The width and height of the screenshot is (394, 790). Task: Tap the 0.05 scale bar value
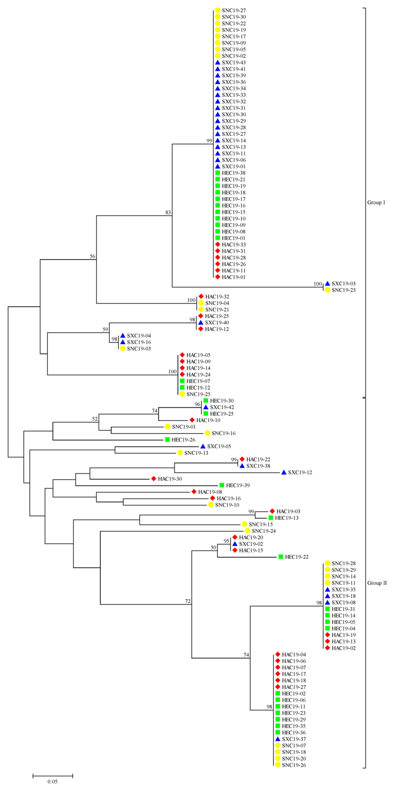click(x=52, y=781)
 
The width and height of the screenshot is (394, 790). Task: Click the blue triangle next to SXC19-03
click(x=327, y=283)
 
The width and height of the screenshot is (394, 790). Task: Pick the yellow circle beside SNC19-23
click(x=327, y=290)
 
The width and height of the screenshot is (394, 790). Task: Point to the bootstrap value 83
click(x=168, y=212)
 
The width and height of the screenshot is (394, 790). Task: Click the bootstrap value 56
click(x=92, y=256)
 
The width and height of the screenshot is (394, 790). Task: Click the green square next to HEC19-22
click(x=280, y=557)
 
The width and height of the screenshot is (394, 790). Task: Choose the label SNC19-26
click(x=294, y=765)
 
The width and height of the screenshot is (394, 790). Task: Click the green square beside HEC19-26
click(x=167, y=439)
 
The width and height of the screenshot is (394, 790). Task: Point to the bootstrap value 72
click(x=187, y=601)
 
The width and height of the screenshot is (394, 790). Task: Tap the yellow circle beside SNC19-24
click(x=247, y=531)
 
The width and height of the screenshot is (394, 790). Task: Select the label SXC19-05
click(x=219, y=446)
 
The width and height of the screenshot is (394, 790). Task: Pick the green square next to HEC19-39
click(x=222, y=485)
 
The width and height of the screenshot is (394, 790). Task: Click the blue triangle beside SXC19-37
click(x=278, y=739)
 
